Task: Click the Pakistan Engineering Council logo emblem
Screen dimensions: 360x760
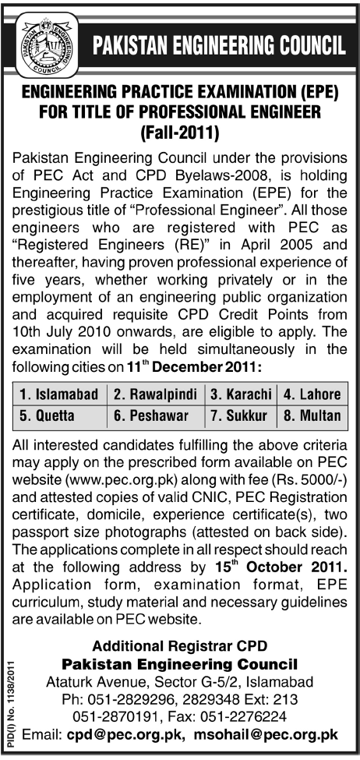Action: [x=48, y=41]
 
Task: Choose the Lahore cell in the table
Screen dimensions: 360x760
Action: [x=312, y=395]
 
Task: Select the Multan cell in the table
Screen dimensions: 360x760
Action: [x=312, y=415]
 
